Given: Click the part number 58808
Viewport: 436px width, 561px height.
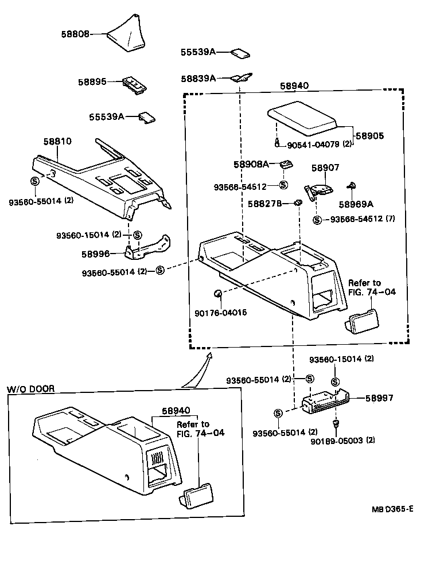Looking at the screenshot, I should (75, 34).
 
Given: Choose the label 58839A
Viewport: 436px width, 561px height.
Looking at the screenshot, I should (198, 78).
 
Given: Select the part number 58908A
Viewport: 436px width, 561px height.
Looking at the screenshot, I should (251, 164).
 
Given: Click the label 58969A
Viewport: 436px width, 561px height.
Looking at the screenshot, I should (356, 204).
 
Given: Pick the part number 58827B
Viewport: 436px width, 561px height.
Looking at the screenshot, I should (264, 203).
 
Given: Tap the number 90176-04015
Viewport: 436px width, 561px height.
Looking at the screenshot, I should (221, 313).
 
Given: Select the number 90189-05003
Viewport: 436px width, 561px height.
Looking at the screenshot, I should (342, 441).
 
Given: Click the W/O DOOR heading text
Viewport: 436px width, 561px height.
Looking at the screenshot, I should (30, 388).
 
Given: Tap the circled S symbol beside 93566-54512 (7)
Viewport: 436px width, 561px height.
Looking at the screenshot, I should (317, 220).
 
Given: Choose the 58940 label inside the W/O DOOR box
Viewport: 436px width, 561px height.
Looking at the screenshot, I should (176, 411).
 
